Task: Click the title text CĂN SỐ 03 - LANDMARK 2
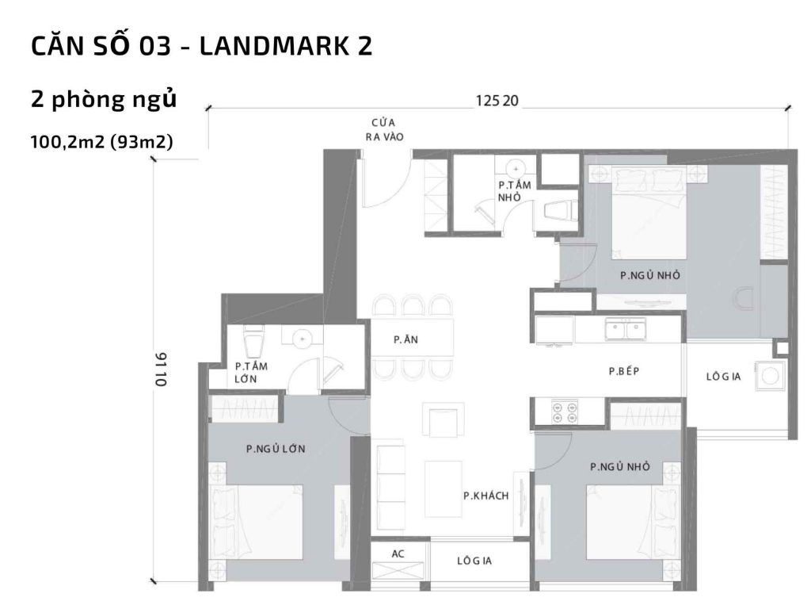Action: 201,47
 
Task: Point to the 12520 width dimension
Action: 497,101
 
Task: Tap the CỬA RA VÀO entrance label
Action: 384,130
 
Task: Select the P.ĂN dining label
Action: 405,339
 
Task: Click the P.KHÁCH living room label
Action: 485,496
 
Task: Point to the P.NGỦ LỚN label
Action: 276,449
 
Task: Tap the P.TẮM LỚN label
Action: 251,373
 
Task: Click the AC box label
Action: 398,554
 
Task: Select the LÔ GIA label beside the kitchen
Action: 723,377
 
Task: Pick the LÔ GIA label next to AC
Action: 474,561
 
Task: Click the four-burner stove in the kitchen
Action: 565,411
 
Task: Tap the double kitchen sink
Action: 625,328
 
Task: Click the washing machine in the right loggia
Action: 768,377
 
